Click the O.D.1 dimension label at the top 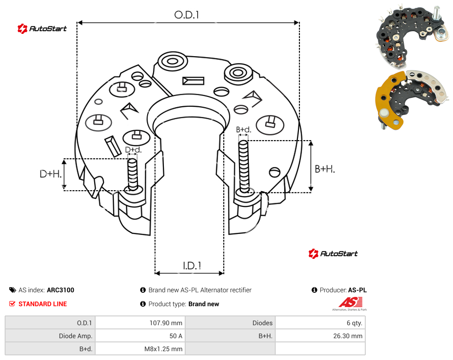coord(187,15)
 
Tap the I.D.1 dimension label coord(192,266)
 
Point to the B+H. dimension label coord(325,169)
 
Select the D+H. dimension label coord(51,174)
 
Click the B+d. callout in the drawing coord(244,129)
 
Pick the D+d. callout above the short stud coord(133,150)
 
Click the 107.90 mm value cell coord(166,323)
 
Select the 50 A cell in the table coord(175,336)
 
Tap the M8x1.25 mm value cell coord(163,349)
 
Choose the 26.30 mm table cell coord(348,336)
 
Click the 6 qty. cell coord(355,323)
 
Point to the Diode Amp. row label coord(76,336)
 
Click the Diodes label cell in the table coord(262,323)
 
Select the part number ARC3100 coord(60,290)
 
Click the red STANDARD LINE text coord(43,304)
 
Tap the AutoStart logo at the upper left coord(42,28)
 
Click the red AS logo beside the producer coord(350,302)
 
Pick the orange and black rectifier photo coord(412,100)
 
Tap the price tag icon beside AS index coord(13,290)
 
